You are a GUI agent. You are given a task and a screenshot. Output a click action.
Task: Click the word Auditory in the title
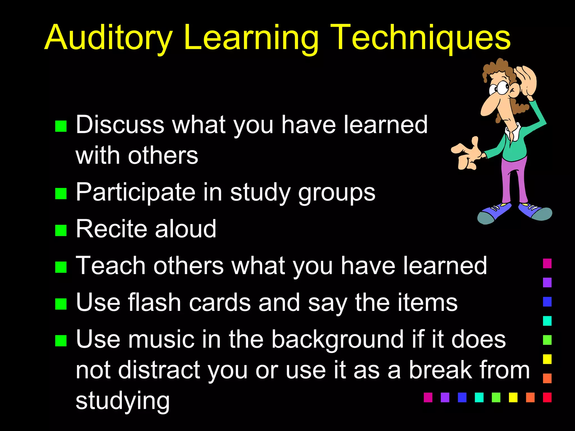click(x=108, y=38)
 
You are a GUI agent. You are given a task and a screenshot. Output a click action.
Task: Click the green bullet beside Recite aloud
click(x=61, y=230)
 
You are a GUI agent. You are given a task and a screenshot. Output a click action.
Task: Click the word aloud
click(x=185, y=229)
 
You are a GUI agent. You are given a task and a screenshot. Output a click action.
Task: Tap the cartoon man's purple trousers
click(x=514, y=180)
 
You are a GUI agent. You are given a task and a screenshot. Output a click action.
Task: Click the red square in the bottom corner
click(x=547, y=397)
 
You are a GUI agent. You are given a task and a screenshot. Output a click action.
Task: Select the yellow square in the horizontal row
click(x=513, y=397)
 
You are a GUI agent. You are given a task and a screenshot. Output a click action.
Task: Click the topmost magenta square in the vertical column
click(x=547, y=263)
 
